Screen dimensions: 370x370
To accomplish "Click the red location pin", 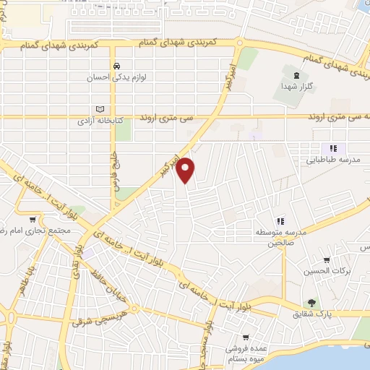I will (x=186, y=168).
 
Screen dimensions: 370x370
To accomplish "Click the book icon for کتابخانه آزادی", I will (x=100, y=110).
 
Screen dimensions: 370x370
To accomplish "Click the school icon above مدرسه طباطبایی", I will (x=333, y=148).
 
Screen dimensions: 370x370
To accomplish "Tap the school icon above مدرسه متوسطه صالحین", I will (x=280, y=220).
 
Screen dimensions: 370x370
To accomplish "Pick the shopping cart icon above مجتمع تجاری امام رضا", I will (x=33, y=220).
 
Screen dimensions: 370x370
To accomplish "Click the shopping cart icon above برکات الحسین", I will (x=327, y=260).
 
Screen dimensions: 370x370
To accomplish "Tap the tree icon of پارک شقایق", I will (x=311, y=304).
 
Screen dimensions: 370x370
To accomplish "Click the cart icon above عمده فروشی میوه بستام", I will (x=246, y=337).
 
